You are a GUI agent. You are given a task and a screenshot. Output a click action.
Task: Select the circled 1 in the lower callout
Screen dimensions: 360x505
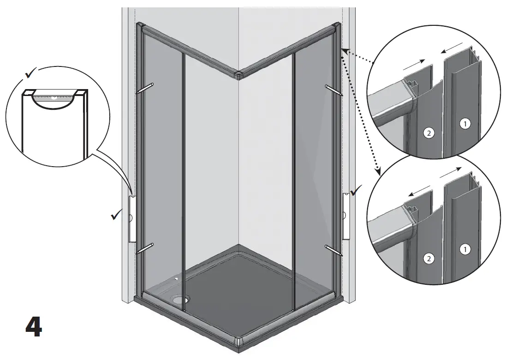(465, 249)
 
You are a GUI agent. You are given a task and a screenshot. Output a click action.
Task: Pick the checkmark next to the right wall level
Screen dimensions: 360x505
(356, 190)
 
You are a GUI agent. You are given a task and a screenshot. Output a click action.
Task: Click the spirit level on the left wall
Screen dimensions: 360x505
(131, 218)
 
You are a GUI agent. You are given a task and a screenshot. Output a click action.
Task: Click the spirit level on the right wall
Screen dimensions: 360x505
(345, 216)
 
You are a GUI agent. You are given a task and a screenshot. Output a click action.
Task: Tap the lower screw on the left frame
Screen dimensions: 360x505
(145, 249)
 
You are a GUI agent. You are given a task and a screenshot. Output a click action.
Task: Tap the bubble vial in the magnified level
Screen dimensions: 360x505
(54, 97)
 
